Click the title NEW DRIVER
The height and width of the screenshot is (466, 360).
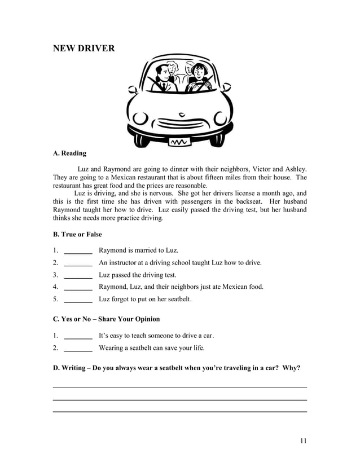[x=84, y=49]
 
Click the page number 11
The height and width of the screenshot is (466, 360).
[x=303, y=441]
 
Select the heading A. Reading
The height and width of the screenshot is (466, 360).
[x=69, y=153]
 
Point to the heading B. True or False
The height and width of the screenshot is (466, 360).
[x=77, y=234]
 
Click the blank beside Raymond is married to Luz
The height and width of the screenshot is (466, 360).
[x=78, y=251]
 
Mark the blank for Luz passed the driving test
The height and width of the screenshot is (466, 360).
[x=78, y=276]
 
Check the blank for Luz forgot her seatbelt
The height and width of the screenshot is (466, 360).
[x=78, y=300]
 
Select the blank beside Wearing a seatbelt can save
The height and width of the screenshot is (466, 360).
[x=78, y=349]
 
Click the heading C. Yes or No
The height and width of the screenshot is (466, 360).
[x=106, y=319]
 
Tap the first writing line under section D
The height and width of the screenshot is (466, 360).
[x=179, y=388]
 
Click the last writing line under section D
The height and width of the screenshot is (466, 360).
[x=179, y=412]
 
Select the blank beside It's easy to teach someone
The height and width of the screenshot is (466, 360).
[x=78, y=336]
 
